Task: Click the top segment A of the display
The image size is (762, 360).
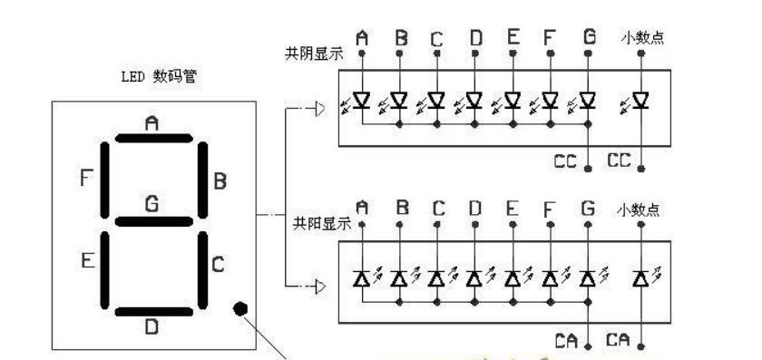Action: pos(152,139)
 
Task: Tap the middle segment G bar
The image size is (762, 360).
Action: pos(152,220)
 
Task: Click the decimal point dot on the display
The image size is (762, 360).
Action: pos(240,307)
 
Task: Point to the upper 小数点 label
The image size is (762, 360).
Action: pos(641,38)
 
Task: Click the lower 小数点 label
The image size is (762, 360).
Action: pos(641,209)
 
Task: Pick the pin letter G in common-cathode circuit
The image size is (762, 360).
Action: pos(590,38)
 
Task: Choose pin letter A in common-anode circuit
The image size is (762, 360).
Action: pos(363,209)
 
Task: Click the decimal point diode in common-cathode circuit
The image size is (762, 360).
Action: pos(641,100)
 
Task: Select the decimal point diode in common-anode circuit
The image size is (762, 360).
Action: pos(641,277)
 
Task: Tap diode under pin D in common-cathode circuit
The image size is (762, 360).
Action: pos(474,100)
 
